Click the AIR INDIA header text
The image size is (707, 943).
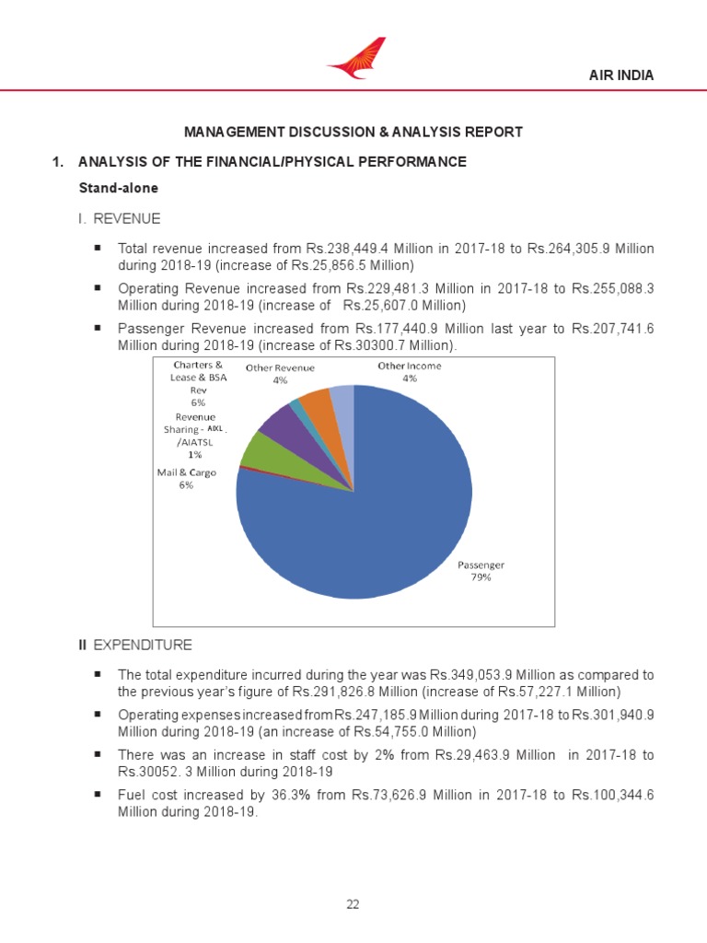click(621, 76)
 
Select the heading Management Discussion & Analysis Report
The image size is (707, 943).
click(353, 132)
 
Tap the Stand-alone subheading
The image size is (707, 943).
click(118, 188)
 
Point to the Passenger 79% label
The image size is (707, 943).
click(481, 571)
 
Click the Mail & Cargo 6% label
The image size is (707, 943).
click(186, 479)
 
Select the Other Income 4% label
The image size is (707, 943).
click(410, 372)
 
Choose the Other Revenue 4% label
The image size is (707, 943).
click(280, 373)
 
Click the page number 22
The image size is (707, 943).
click(353, 904)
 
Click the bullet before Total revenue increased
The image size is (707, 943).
click(97, 249)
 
